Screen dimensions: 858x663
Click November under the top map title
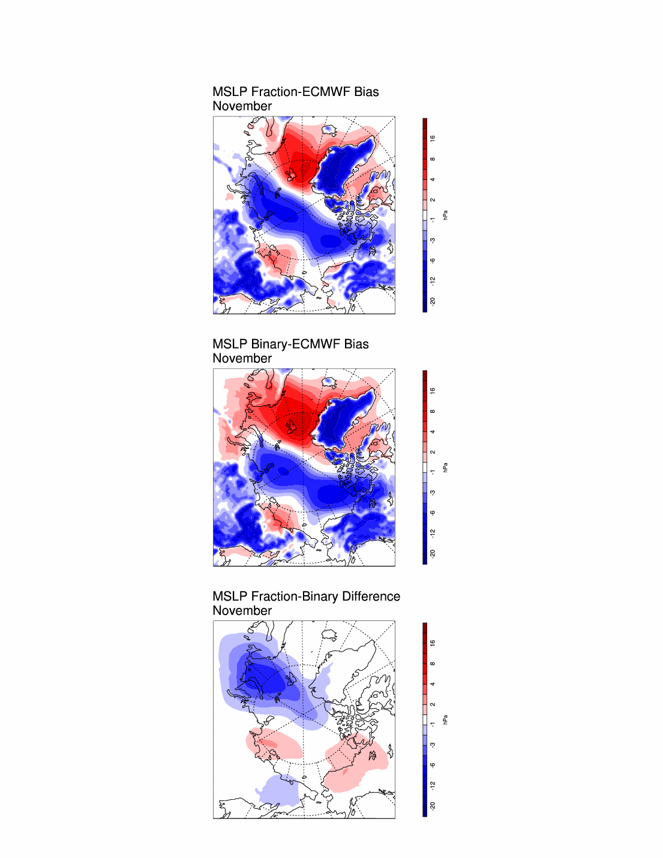pos(242,106)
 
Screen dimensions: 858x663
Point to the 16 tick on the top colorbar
pos(433,139)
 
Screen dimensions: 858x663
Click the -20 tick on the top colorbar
pos(433,301)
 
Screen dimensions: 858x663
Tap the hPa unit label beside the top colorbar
pos(445,215)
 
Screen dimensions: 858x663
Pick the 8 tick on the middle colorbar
pos(433,412)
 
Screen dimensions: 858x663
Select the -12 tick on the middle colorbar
pos(433,533)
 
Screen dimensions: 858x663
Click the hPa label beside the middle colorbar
pos(445,467)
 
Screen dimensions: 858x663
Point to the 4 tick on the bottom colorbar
pos(433,684)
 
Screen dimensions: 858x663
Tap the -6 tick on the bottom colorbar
pos(433,765)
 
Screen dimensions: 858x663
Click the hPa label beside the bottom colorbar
pos(445,719)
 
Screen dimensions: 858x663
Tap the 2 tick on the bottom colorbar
pos(433,704)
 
